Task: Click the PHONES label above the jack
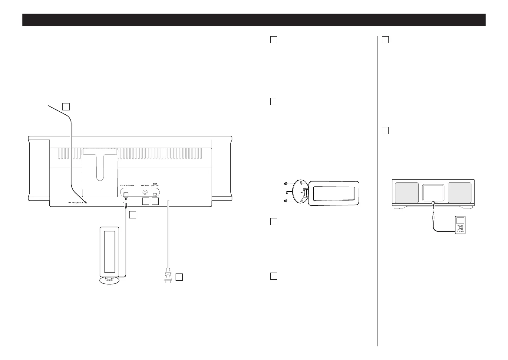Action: tap(145, 185)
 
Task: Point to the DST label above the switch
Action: tap(155, 184)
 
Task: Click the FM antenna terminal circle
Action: tap(86, 203)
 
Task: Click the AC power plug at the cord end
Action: tap(168, 277)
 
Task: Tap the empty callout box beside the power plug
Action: tap(179, 277)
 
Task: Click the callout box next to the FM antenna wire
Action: tap(66, 106)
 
